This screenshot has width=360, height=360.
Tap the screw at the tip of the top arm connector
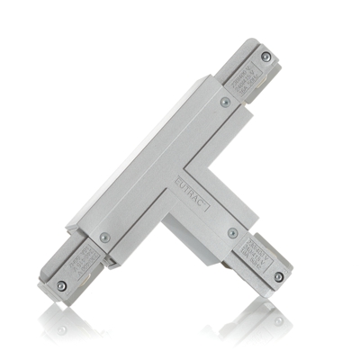pos(265,57)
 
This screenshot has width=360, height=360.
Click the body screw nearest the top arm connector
pos(225,102)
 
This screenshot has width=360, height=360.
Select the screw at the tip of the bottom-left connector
pos(61,286)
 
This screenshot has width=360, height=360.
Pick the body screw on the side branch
pos(233,233)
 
